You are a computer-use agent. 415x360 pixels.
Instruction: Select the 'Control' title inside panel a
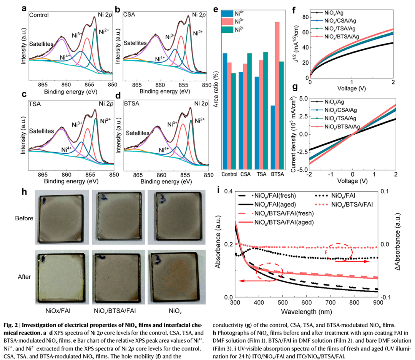39,15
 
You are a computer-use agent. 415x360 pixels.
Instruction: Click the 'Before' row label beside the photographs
24,218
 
